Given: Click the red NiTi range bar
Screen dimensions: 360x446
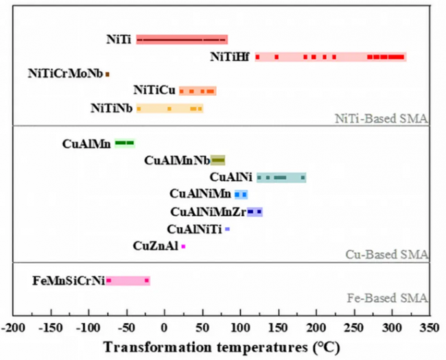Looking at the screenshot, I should [182, 40].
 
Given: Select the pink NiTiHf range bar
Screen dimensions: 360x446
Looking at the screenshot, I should [331, 57].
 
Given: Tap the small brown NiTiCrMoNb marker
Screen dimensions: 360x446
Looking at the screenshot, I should [107, 73].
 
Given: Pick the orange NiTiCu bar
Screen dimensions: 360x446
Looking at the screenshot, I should [198, 91].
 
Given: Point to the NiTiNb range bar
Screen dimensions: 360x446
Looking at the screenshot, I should [169, 108].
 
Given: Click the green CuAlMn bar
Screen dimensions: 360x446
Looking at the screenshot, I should [125, 143].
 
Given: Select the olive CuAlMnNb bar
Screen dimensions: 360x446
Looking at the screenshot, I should [218, 160].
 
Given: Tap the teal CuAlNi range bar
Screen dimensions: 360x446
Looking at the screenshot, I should [281, 178].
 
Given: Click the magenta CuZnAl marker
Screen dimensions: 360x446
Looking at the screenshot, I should [183, 245].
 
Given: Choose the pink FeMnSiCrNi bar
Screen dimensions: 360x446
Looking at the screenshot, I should [128, 280].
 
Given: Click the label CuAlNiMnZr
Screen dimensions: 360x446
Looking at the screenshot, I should [208, 212].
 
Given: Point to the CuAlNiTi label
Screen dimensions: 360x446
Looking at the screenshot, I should [194, 229].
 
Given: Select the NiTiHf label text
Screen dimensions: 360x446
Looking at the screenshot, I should [230, 58].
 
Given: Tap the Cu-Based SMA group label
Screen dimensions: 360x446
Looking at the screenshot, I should [388, 254].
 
